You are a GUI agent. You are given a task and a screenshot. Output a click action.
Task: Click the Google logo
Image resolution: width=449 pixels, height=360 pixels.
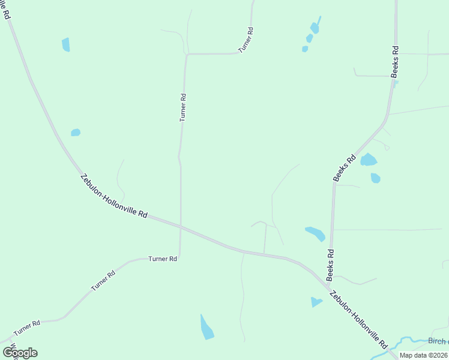click(20, 353)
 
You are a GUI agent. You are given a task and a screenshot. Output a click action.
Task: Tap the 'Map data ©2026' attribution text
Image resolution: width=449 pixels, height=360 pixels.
click(423, 355)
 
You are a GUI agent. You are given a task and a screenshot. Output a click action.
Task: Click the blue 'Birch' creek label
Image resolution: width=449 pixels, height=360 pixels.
click(438, 341)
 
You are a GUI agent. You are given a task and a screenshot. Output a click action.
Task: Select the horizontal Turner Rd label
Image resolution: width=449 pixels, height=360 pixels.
click(163, 259)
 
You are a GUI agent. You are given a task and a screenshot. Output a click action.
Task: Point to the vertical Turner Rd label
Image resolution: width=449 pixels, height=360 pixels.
click(183, 107)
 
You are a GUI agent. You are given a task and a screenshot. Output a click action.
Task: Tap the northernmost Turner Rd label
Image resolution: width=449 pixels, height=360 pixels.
click(246, 40)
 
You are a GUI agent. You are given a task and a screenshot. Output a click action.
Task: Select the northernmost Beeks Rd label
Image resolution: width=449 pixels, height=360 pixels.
click(394, 62)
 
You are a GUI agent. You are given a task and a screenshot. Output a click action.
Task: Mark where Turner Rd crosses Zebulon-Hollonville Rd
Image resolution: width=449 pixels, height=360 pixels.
click(181, 226)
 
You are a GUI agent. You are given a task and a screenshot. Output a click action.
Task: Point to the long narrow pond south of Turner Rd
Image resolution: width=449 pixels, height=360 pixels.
click(206, 327)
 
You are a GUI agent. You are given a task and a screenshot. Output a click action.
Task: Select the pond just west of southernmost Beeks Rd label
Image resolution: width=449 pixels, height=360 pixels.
click(315, 233)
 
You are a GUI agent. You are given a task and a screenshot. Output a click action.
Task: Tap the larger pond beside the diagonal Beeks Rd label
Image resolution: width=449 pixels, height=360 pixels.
click(368, 160)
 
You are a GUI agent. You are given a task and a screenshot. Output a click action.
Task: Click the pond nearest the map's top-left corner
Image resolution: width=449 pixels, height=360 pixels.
click(66, 44)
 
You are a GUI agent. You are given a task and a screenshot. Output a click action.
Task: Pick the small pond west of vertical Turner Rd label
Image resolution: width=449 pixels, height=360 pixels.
click(76, 133)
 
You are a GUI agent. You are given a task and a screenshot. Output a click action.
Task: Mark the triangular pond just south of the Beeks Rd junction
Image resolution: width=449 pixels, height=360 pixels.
click(316, 302)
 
